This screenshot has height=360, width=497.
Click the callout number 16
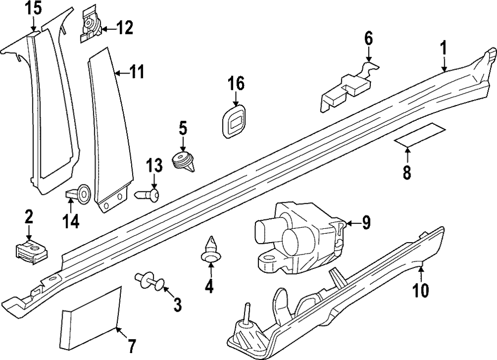pos(236,83)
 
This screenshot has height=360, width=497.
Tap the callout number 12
pos(124,28)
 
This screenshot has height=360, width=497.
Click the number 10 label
pos(420,289)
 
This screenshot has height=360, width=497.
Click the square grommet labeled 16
pos(233,120)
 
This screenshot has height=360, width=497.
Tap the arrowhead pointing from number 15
pos(34,30)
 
